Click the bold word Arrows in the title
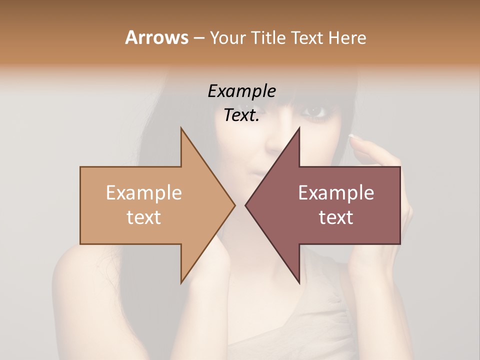pyautogui.click(x=156, y=37)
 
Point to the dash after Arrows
pyautogui.click(x=198, y=38)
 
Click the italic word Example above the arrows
pyautogui.click(x=241, y=91)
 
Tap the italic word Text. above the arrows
pyautogui.click(x=241, y=115)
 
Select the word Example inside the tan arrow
pyautogui.click(x=143, y=193)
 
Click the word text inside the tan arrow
pyautogui.click(x=143, y=217)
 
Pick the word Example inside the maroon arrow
pyautogui.click(x=336, y=193)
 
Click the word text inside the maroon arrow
pyautogui.click(x=336, y=217)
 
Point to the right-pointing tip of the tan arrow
pyautogui.click(x=234, y=204)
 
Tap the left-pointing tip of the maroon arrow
pyautogui.click(x=246, y=204)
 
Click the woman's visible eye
pyautogui.click(x=314, y=111)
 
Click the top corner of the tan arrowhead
pyautogui.click(x=181, y=128)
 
